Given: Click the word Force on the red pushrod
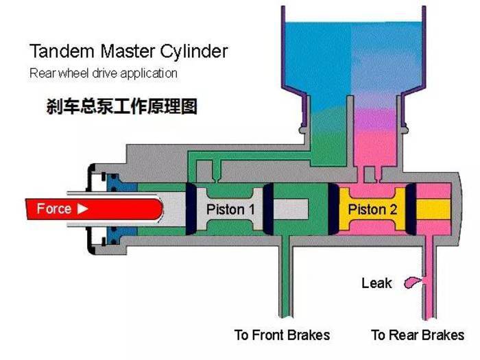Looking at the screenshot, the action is coord(54,208).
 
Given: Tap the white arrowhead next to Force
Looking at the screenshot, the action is coord(82,209).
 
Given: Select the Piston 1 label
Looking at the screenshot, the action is coord(230,209).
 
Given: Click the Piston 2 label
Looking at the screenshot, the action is coord(372,209).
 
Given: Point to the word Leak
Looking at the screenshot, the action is coord(376,283).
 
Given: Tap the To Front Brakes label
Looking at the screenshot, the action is coord(282,335).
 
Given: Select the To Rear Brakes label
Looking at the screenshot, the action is coord(418,335).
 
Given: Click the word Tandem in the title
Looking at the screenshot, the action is coord(62,51).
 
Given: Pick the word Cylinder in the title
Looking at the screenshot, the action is coord(194,51).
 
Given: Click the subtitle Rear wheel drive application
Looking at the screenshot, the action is coord(104,73).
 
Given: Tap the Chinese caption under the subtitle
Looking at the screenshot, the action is coord(121,106).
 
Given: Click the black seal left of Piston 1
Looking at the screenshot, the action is coord(191,209).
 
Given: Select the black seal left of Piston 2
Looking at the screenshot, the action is coord(333,209).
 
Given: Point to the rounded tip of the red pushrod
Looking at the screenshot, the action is coord(160,208).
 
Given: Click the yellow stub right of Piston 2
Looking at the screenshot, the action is coord(433,209).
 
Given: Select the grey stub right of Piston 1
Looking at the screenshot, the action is coord(290,209).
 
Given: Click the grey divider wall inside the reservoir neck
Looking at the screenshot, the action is coord(350,132).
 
